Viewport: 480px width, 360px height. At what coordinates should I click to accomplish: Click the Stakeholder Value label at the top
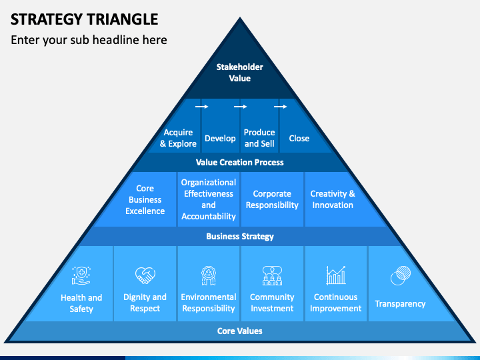pyautogui.click(x=240, y=73)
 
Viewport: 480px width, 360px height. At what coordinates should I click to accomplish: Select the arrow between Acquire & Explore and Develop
pyautogui.click(x=202, y=107)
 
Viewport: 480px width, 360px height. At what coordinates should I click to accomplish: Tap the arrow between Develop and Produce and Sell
pyautogui.click(x=240, y=107)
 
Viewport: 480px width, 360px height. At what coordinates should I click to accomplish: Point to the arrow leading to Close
pyautogui.click(x=281, y=107)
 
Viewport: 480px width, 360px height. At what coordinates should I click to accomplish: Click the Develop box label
pyautogui.click(x=220, y=139)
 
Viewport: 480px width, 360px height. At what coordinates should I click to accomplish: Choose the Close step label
pyautogui.click(x=299, y=139)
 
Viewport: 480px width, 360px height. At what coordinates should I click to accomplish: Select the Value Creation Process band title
pyautogui.click(x=240, y=162)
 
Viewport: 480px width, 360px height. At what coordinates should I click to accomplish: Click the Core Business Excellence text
pyautogui.click(x=145, y=199)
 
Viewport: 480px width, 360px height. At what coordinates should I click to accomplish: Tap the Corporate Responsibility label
pyautogui.click(x=272, y=199)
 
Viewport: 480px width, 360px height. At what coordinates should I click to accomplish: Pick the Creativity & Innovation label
pyautogui.click(x=333, y=199)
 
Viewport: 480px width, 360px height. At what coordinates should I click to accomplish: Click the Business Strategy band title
pyautogui.click(x=240, y=236)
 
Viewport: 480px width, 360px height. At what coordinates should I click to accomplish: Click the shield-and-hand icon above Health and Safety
pyautogui.click(x=81, y=275)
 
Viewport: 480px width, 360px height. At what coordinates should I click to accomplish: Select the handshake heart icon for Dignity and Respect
pyautogui.click(x=145, y=275)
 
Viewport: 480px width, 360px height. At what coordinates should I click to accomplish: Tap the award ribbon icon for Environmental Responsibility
pyautogui.click(x=209, y=275)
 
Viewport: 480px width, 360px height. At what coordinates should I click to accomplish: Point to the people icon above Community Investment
pyautogui.click(x=272, y=275)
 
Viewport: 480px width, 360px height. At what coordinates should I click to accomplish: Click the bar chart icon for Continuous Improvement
pyautogui.click(x=336, y=275)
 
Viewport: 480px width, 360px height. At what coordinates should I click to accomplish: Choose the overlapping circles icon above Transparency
pyautogui.click(x=401, y=275)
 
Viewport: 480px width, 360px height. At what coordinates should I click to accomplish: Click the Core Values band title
pyautogui.click(x=240, y=331)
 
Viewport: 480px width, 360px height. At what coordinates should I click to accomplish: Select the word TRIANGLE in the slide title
pyautogui.click(x=122, y=19)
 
